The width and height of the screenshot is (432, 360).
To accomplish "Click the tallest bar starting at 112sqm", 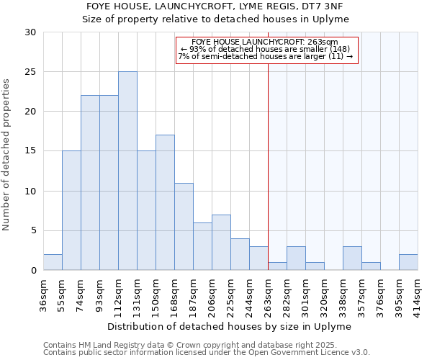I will (127, 171).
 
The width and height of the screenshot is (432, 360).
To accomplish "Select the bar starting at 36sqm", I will (53, 262).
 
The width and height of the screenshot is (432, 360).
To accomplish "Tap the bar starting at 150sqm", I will (165, 202).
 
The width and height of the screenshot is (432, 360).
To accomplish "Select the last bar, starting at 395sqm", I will (408, 262).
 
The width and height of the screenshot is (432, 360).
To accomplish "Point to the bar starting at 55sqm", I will (71, 210).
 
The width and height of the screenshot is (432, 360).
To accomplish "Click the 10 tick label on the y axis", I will (31, 191).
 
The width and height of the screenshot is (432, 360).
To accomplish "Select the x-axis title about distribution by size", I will (232, 326).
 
